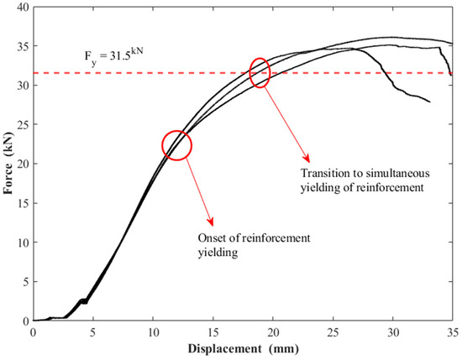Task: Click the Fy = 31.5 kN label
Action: pyautogui.click(x=114, y=56)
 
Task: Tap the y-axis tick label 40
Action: pyautogui.click(x=23, y=7)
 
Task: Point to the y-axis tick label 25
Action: pyautogui.click(x=23, y=124)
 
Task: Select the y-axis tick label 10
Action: pyautogui.click(x=23, y=243)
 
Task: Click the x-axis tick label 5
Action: pyautogui.click(x=93, y=332)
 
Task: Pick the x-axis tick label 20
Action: pyautogui.click(x=273, y=332)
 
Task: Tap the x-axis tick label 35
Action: pyautogui.click(x=453, y=332)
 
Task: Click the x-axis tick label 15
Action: pyautogui.click(x=213, y=332)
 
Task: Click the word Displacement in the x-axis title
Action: pyautogui.click(x=225, y=349)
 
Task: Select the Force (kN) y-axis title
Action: pyautogui.click(x=8, y=164)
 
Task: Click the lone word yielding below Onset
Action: pyautogui.click(x=218, y=253)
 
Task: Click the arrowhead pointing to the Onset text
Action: pyautogui.click(x=211, y=222)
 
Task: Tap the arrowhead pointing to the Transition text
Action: pyautogui.click(x=307, y=159)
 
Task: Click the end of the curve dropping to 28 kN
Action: pyautogui.click(x=430, y=102)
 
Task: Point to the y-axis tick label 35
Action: pyautogui.click(x=23, y=46)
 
